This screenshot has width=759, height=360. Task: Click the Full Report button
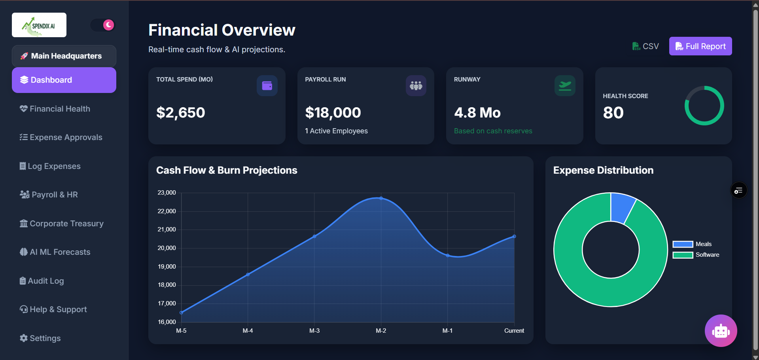[x=700, y=46]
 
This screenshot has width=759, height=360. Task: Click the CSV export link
[x=645, y=46]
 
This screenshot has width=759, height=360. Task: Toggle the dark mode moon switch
[x=103, y=25]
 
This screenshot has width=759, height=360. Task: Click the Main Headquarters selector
[x=64, y=56]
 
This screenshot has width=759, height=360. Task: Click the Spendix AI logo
[x=39, y=25]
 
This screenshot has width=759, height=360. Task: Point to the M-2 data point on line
[x=381, y=198]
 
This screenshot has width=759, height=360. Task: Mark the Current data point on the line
[x=514, y=236]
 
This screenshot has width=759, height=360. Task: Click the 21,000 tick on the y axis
[x=167, y=229]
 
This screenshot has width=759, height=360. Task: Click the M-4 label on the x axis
[x=248, y=331]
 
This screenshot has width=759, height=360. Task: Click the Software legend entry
[x=696, y=255]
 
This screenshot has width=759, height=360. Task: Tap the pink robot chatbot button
[x=721, y=331]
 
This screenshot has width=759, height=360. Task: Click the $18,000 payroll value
[x=333, y=113]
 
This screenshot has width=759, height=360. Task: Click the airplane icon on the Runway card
[x=565, y=85]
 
